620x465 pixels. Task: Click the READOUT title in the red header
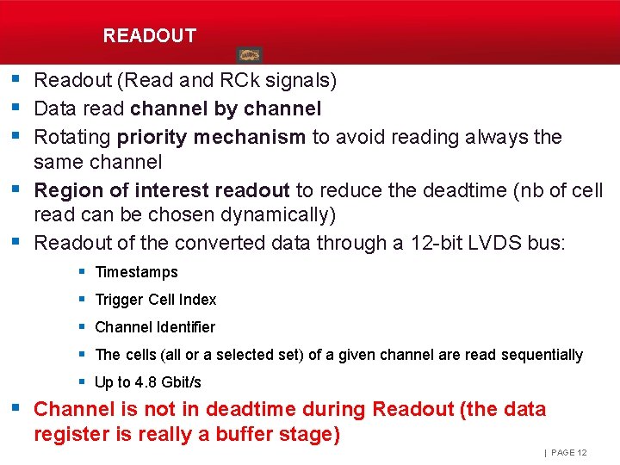149,36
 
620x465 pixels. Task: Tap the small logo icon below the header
249,55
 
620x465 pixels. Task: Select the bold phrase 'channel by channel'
226,109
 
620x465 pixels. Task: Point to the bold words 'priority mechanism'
212,137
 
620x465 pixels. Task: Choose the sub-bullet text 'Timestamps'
136,272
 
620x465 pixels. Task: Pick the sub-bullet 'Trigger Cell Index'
155,300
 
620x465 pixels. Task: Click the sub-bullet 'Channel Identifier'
155,327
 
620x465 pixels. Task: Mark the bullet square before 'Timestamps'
81,271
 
